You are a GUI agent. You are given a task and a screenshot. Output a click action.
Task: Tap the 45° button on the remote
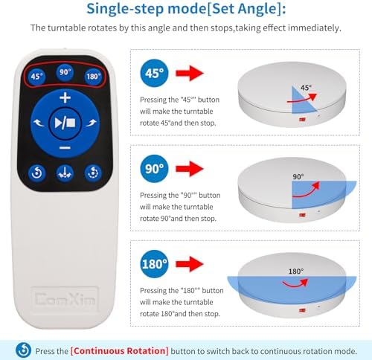pyautogui.click(x=36, y=76)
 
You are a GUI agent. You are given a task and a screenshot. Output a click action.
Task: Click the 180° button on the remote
pyautogui.click(x=93, y=76)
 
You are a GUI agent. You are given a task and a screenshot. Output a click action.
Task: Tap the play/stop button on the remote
pyautogui.click(x=65, y=123)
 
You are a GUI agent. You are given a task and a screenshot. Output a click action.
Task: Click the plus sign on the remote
pyautogui.click(x=65, y=97)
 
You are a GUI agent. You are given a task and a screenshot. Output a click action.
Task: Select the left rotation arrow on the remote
pyautogui.click(x=39, y=123)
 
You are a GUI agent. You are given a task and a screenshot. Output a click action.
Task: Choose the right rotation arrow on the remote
pyautogui.click(x=92, y=123)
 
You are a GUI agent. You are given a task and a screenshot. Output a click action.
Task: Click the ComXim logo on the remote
pyautogui.click(x=65, y=299)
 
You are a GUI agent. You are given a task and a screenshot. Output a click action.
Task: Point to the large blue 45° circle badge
pyautogui.click(x=154, y=73)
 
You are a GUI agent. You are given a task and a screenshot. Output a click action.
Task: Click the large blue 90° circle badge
pyautogui.click(x=154, y=169)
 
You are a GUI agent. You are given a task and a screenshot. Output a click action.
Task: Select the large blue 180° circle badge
pyautogui.click(x=154, y=264)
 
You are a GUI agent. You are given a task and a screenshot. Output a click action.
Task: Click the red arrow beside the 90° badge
pyautogui.click(x=190, y=169)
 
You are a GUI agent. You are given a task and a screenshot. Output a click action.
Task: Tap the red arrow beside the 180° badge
pyautogui.click(x=190, y=264)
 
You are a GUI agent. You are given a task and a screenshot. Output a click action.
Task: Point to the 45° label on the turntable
pyautogui.click(x=306, y=88)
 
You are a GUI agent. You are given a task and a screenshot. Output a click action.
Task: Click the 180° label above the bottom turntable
pyautogui.click(x=296, y=271)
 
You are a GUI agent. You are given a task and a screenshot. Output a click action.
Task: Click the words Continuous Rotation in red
pyautogui.click(x=120, y=351)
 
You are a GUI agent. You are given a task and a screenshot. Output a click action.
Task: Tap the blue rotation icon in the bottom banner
pyautogui.click(x=24, y=350)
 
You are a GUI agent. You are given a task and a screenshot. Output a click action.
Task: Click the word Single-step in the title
pyautogui.click(x=125, y=9)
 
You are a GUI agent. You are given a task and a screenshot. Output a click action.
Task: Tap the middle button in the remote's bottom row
pyautogui.click(x=65, y=173)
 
